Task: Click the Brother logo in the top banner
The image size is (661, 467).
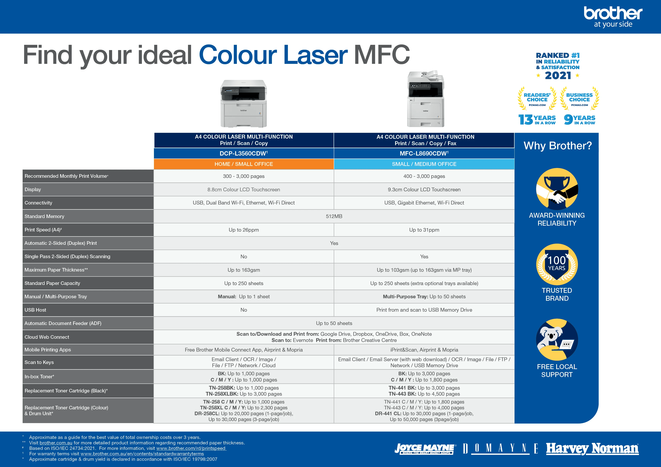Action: [613, 17]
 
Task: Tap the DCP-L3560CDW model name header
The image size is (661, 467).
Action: [244, 153]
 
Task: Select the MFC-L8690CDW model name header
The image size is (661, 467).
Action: [424, 153]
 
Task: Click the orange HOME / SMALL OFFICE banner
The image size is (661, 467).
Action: [244, 164]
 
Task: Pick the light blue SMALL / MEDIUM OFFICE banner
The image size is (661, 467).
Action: [424, 164]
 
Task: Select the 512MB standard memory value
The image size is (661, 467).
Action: [334, 216]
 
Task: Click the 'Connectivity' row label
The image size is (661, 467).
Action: [38, 203]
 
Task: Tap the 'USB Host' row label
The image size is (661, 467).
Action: [35, 310]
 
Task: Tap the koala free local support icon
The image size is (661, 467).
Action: [557, 340]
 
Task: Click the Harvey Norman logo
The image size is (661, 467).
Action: [592, 449]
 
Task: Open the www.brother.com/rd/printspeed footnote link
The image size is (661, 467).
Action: [191, 448]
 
